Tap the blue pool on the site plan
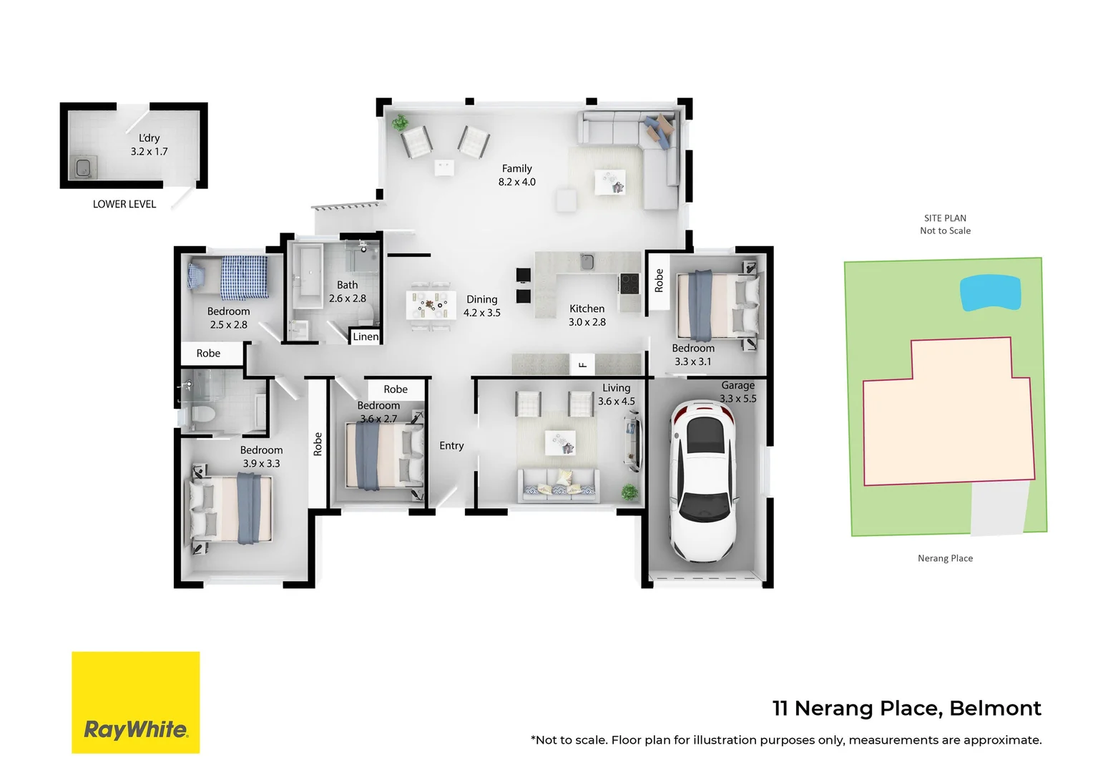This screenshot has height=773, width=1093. (990, 293)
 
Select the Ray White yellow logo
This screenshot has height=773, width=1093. (136, 702)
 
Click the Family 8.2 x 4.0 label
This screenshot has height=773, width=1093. (516, 175)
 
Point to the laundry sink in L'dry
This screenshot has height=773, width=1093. (83, 168)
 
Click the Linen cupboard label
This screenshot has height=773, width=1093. (366, 336)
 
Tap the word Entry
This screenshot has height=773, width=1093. (451, 445)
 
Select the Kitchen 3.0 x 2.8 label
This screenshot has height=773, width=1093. (587, 315)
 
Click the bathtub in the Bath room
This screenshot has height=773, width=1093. (308, 276)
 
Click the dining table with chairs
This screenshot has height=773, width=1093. (431, 306)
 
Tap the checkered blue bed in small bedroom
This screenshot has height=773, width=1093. (243, 277)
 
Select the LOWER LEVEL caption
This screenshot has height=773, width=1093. (124, 204)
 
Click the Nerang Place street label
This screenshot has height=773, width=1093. (945, 558)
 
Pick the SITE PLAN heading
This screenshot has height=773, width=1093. (945, 218)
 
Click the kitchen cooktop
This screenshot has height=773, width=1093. (629, 283)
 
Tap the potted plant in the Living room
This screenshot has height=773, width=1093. (629, 492)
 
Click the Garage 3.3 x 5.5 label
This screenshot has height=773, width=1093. (737, 392)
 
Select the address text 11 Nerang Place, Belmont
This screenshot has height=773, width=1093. (906, 708)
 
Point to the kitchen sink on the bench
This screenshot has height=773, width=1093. (587, 262)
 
